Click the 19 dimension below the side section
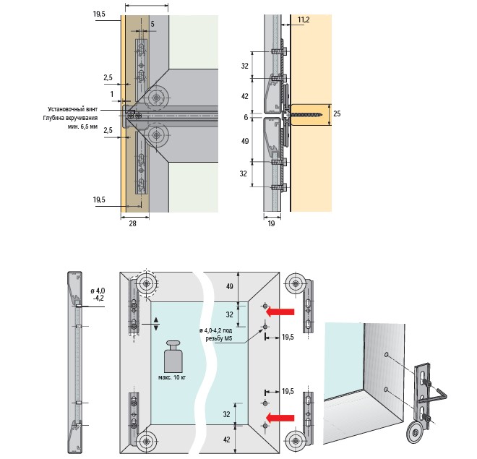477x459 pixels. click(x=271, y=225)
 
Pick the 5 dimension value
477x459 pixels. click(x=153, y=24)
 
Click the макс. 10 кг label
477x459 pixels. click(x=173, y=377)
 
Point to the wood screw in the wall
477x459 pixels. click(x=304, y=113)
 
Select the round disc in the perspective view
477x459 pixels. click(x=415, y=434)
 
